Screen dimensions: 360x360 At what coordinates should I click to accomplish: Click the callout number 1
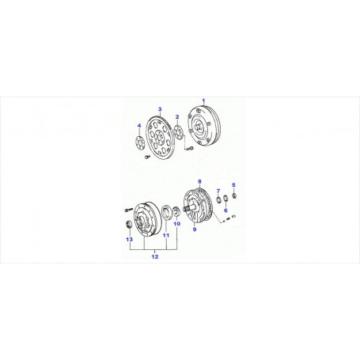(x=203, y=100)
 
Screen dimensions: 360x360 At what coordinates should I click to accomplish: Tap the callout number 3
(x=160, y=109)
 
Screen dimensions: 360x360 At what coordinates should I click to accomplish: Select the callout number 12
(x=155, y=256)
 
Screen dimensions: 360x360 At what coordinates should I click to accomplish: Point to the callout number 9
(x=195, y=229)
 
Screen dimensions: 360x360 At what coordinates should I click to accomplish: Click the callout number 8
(x=199, y=181)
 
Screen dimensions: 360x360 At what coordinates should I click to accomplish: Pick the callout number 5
(x=233, y=185)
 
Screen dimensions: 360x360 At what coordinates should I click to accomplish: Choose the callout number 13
(x=129, y=239)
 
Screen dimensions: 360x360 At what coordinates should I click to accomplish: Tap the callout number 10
(x=177, y=224)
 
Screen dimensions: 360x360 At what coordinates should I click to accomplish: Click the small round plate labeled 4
(x=139, y=143)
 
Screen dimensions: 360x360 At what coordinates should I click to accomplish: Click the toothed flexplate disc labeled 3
(x=159, y=138)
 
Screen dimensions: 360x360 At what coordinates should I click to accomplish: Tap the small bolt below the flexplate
(x=147, y=157)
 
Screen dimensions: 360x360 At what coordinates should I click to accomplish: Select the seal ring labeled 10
(x=176, y=212)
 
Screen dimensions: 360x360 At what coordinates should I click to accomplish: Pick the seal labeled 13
(x=128, y=225)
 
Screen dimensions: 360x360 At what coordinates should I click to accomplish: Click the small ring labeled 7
(x=218, y=199)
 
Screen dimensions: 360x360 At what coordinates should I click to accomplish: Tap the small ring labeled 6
(x=225, y=199)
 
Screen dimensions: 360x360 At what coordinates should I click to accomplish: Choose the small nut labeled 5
(x=234, y=195)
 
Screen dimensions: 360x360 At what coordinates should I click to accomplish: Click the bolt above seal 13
(x=127, y=210)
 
